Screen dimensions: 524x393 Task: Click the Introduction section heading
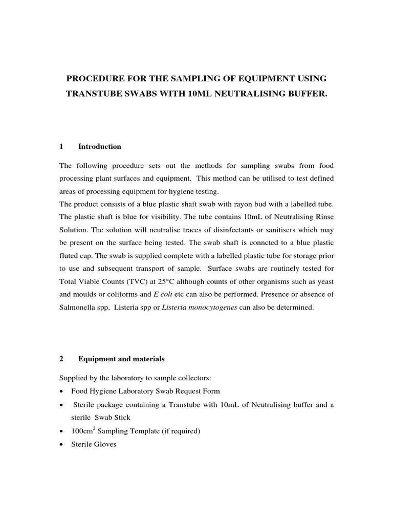coord(100,147)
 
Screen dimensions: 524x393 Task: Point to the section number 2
coord(62,359)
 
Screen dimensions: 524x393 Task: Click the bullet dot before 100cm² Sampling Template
coord(62,431)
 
